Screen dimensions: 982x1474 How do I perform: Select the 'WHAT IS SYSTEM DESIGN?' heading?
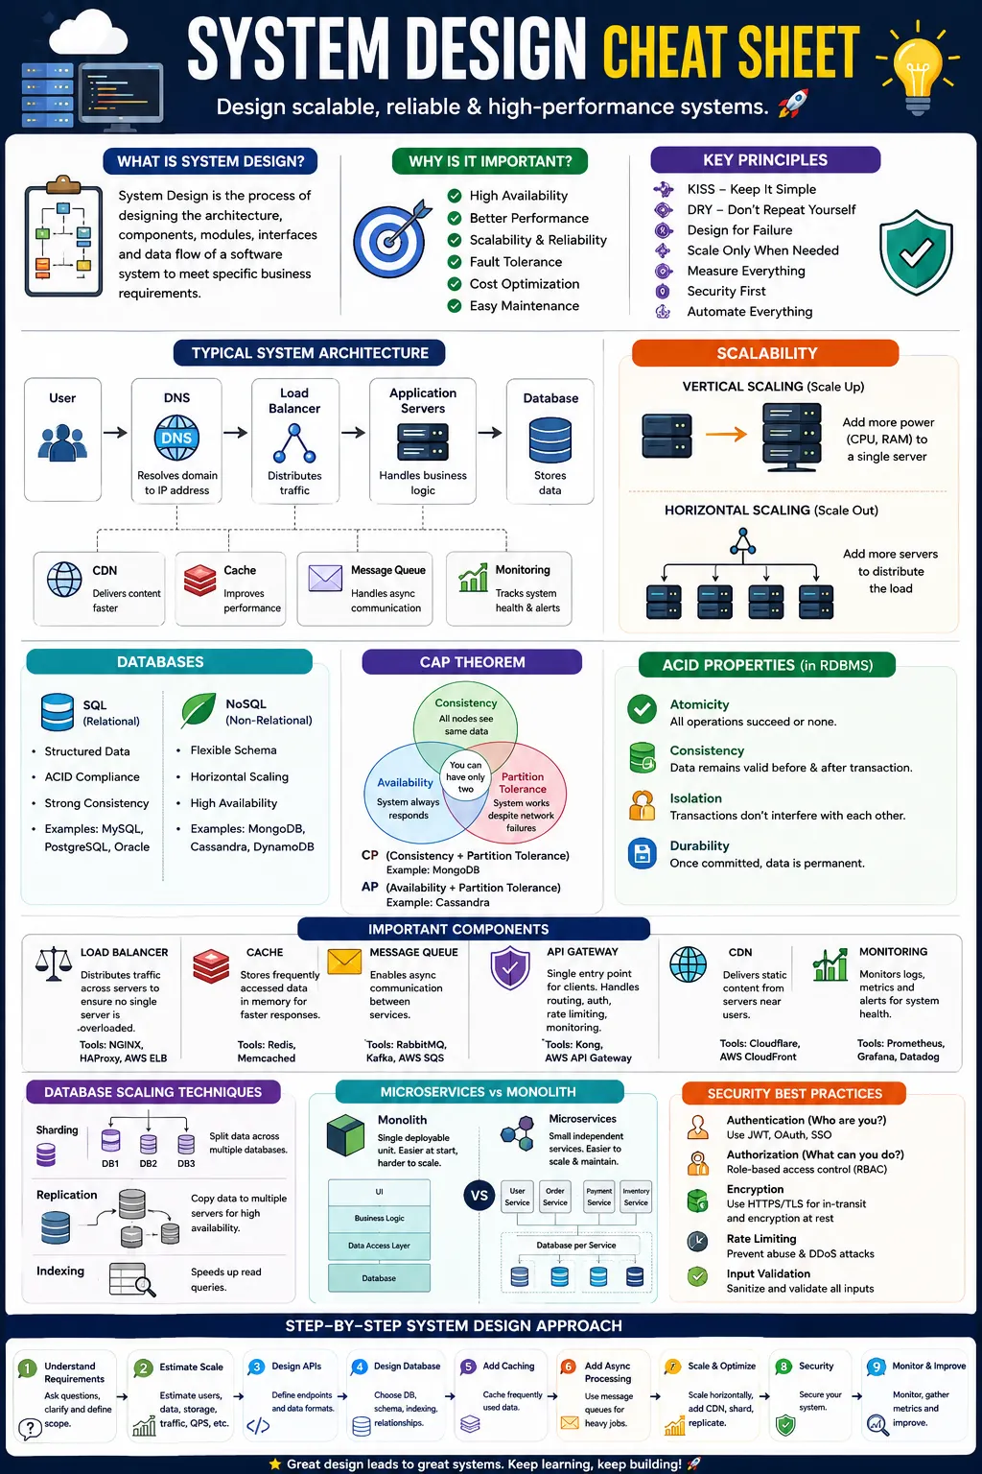[x=210, y=161]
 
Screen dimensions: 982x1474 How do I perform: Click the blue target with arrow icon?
[x=391, y=238]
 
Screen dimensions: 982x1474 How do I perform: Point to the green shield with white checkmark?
[x=916, y=252]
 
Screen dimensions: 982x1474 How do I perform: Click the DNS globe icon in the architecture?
[x=176, y=438]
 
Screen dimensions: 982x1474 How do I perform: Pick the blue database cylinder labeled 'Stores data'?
[x=549, y=440]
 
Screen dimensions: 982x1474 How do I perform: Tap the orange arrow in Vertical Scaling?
[x=726, y=434]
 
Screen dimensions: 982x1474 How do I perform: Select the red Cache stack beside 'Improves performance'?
[x=200, y=580]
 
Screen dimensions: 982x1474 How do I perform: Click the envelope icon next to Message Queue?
[x=325, y=579]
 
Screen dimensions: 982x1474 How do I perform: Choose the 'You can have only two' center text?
[x=466, y=776]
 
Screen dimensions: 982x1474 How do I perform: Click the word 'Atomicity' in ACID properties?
[x=699, y=704]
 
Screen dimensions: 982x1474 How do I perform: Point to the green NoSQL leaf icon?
[x=198, y=710]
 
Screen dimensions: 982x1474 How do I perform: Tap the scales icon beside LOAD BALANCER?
[x=54, y=964]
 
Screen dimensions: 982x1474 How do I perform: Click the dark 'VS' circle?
[x=479, y=1195]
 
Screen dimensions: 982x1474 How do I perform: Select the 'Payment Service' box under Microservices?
[x=598, y=1197]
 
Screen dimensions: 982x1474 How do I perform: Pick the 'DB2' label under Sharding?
[x=148, y=1163]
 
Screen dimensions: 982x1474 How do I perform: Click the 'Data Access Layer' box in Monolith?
[x=379, y=1246]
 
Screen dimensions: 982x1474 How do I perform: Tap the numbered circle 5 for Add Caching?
[x=468, y=1367]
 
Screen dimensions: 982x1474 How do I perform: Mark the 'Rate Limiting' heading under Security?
[x=761, y=1239]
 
